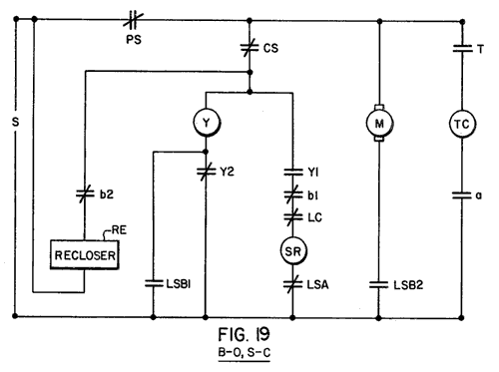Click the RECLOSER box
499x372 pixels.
tap(85, 254)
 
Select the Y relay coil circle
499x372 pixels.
tap(207, 123)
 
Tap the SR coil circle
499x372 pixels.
tap(293, 251)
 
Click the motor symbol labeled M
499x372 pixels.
tap(379, 123)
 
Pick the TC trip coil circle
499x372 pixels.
tap(462, 124)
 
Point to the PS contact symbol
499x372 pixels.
tap(133, 20)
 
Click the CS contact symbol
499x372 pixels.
tap(249, 48)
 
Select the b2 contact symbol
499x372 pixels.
tap(85, 194)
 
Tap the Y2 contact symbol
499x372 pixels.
tap(206, 172)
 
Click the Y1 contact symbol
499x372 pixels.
tap(293, 173)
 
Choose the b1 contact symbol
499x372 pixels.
tap(293, 194)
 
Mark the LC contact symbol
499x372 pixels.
tap(293, 217)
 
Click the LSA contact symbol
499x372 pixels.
tap(293, 284)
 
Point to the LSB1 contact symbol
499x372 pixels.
tap(154, 284)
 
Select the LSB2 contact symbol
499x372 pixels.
tap(379, 285)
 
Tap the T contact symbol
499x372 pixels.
tap(462, 49)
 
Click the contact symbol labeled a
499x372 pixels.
tap(462, 195)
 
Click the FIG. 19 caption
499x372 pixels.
tap(244, 334)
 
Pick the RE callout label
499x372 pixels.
tap(119, 230)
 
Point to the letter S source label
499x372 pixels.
tap(15, 122)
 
